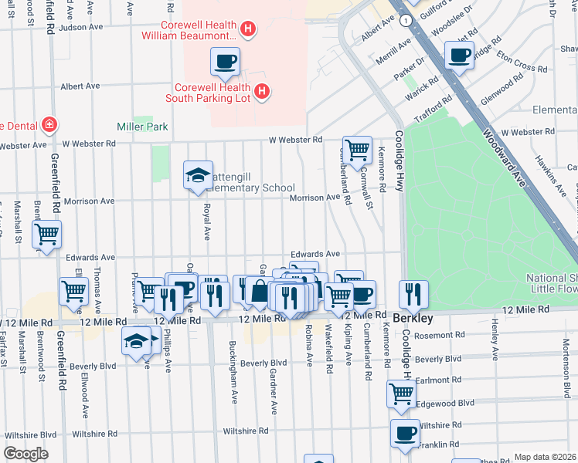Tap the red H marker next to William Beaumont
point(247,30)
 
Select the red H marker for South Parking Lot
point(262,93)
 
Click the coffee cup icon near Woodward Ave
point(459,54)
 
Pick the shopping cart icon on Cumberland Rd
point(356,149)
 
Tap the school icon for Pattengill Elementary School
point(198,175)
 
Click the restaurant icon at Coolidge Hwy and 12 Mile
point(413,294)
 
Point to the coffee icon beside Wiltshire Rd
point(405,433)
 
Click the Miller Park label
point(142,127)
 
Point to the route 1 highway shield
point(405,21)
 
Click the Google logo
point(25,455)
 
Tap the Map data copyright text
point(546,457)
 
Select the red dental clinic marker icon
point(49,124)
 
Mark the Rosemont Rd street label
point(440,335)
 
